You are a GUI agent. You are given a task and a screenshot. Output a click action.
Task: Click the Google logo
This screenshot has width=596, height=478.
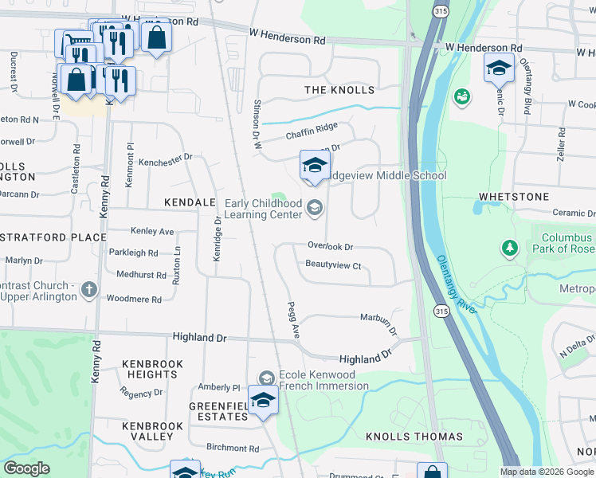[x=27, y=468]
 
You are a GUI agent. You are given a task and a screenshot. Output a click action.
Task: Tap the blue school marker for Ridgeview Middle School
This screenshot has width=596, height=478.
[x=315, y=166]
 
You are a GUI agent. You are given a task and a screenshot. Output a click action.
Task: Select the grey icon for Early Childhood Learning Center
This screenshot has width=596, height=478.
[x=315, y=210]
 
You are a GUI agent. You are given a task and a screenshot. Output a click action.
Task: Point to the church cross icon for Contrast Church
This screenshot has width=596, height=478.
[x=89, y=291]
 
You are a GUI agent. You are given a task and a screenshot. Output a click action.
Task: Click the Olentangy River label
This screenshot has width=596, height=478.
[x=456, y=284]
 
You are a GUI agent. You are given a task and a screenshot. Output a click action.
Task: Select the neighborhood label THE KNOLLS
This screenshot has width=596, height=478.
[x=339, y=90]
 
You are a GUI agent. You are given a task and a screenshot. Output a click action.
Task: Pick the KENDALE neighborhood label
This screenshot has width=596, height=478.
[x=190, y=203]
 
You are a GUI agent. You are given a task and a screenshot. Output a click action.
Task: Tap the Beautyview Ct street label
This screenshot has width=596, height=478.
[x=334, y=265]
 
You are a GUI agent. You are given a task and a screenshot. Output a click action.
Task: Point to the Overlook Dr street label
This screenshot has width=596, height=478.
[x=330, y=247]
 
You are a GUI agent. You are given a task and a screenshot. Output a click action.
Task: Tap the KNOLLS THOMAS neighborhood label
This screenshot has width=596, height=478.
[x=414, y=437]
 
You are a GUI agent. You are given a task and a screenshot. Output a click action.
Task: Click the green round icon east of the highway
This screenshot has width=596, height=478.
[x=461, y=97]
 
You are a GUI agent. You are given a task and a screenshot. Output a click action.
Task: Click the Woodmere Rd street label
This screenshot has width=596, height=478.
[x=134, y=300]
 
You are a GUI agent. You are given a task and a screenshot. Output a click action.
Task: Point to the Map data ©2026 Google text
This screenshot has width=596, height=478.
[x=547, y=472]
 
